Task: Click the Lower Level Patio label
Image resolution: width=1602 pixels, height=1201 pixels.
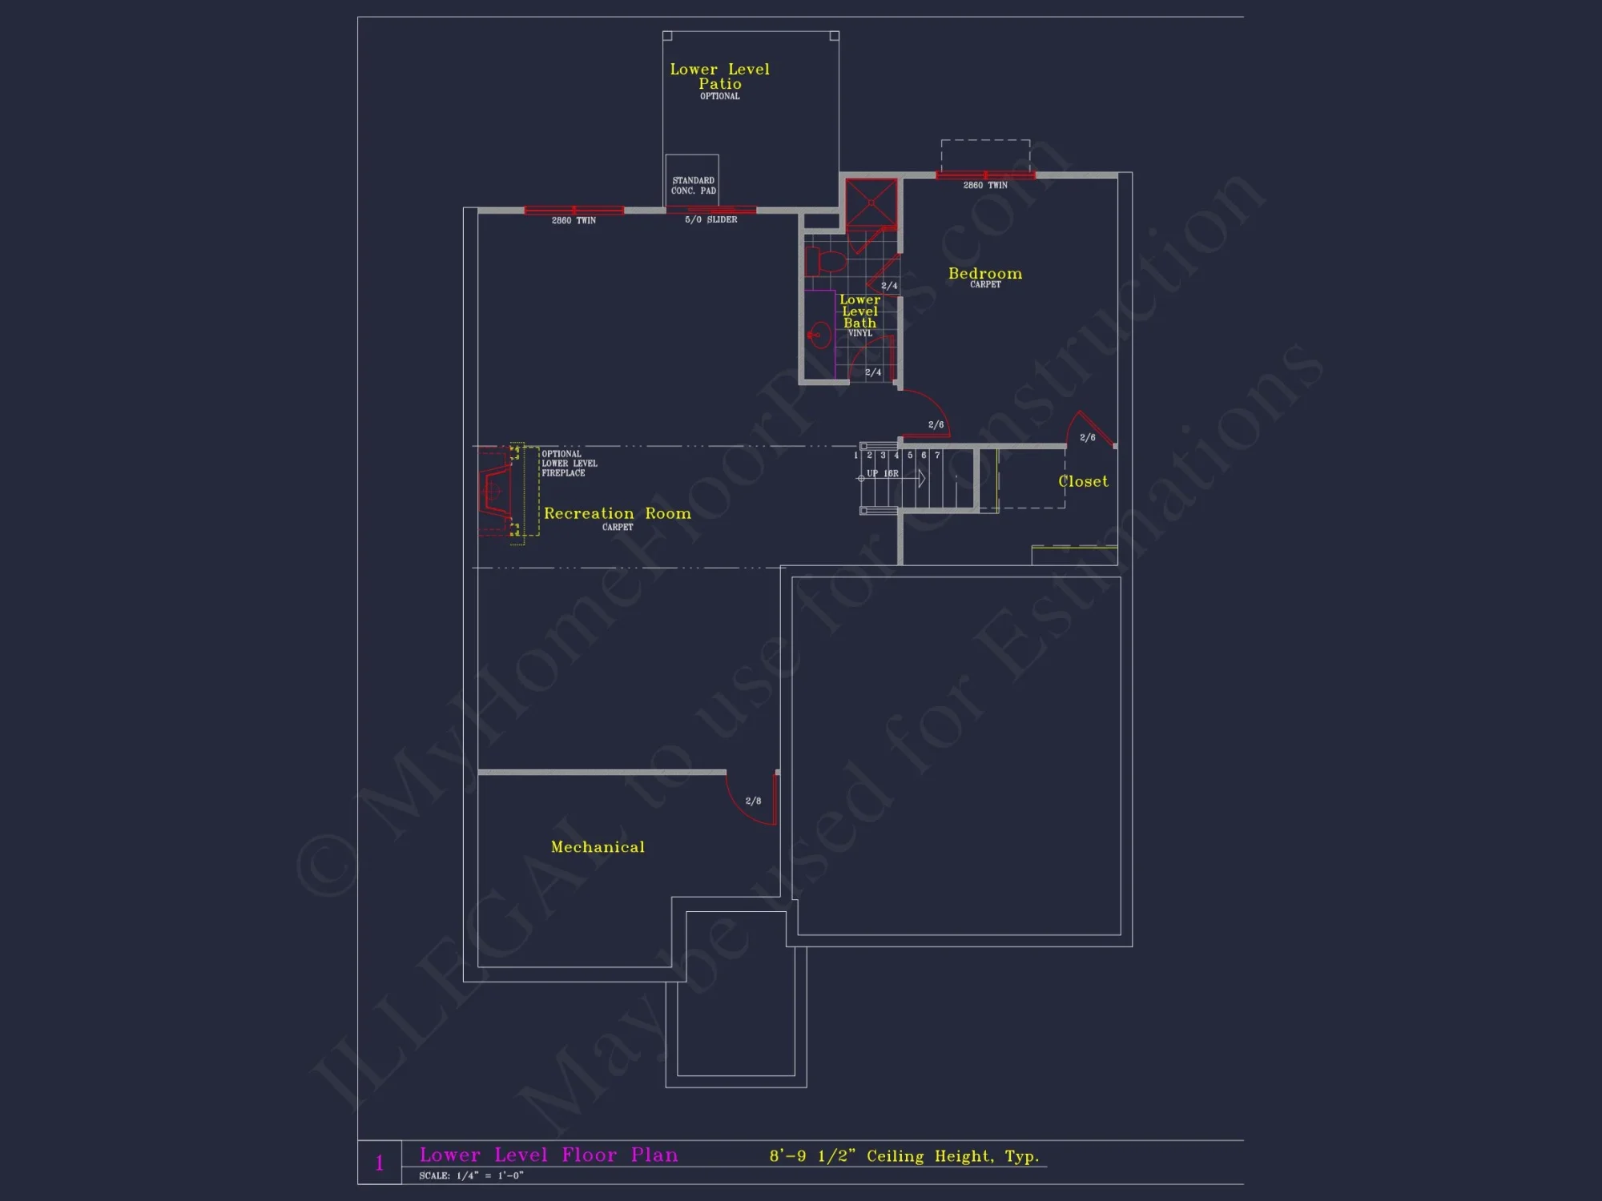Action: coord(719,77)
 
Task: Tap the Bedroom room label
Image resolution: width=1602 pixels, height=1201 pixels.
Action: coord(984,274)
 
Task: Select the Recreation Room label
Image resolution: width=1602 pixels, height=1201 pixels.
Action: coord(617,514)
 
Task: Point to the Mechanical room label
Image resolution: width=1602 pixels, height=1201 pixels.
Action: coord(598,847)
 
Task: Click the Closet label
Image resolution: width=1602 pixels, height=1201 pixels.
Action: coord(1083,481)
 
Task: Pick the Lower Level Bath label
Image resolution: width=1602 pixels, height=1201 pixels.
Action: coord(859,311)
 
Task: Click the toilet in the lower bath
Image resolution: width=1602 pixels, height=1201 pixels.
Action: coord(825,261)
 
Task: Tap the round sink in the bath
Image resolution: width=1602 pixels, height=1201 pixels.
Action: coord(819,335)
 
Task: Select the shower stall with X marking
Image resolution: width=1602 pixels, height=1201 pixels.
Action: coord(871,203)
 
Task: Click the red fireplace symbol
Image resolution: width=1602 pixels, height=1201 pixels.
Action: coord(495,490)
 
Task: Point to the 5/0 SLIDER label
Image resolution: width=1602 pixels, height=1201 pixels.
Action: coord(710,219)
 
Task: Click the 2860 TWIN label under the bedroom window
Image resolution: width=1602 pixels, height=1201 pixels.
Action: coord(984,185)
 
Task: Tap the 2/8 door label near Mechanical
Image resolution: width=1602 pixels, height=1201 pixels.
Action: coord(753,801)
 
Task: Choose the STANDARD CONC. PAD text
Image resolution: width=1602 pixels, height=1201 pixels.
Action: coord(693,186)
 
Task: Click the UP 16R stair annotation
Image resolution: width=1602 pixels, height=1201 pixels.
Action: coord(882,473)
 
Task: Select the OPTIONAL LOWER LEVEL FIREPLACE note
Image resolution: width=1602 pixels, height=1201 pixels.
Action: coord(569,464)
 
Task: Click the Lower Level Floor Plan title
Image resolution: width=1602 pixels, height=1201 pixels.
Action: coord(549,1155)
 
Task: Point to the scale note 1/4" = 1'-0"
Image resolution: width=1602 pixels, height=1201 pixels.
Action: coord(471,1175)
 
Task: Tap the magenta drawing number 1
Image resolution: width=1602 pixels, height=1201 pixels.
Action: coord(380,1163)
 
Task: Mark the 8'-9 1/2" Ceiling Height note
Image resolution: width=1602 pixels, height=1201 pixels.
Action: coord(904,1156)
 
